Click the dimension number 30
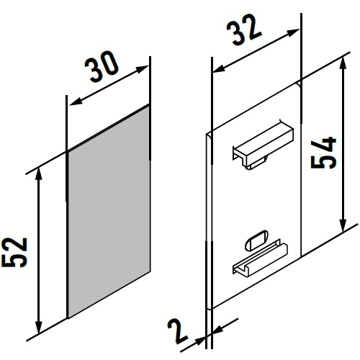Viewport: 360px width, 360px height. pos(102,66)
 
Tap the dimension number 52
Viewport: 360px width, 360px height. pos(14,252)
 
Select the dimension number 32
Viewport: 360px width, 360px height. pos(243,29)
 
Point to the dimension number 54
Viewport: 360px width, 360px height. pos(323,153)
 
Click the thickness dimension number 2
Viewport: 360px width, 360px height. pos(178,331)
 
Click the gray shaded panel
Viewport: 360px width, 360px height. pos(109,212)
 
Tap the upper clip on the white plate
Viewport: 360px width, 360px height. pos(263,145)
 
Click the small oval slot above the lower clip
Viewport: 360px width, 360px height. pos(256,240)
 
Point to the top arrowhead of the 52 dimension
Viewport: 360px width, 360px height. pos(38,174)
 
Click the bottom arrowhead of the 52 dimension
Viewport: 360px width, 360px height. pos(38,328)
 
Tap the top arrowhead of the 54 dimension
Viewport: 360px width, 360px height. pos(343,63)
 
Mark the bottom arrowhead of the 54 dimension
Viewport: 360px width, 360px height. pos(343,226)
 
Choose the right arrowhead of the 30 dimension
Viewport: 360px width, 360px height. pos(143,69)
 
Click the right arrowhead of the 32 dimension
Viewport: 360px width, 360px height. pos(294,32)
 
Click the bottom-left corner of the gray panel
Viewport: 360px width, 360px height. pos(68,318)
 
